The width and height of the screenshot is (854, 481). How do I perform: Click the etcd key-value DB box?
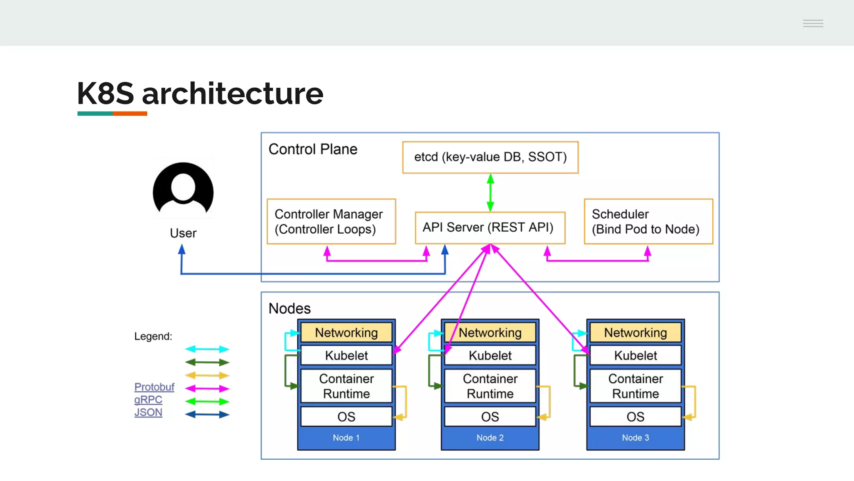click(490, 157)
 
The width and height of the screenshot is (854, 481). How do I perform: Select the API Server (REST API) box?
click(490, 228)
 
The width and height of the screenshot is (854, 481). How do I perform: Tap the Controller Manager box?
click(331, 221)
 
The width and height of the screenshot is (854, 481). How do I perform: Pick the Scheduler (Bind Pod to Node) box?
click(648, 221)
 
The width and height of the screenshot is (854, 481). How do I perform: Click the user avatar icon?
click(183, 190)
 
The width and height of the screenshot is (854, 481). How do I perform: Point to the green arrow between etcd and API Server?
click(490, 192)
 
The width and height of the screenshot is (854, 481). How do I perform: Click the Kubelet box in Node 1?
click(346, 355)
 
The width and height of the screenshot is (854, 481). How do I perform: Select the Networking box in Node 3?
click(635, 333)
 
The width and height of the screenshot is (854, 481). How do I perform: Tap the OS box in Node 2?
click(490, 417)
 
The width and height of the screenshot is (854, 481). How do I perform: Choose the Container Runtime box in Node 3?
click(635, 386)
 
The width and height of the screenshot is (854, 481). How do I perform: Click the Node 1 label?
click(346, 438)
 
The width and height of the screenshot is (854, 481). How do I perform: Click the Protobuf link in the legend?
click(154, 387)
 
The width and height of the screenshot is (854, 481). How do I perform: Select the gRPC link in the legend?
click(148, 400)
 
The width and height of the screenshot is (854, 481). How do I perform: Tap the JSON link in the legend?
click(148, 413)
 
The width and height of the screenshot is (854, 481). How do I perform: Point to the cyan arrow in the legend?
click(207, 349)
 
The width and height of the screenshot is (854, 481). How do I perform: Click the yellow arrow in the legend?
click(207, 375)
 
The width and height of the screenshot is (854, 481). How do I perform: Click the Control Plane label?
click(313, 149)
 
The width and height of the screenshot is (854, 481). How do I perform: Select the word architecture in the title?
click(232, 94)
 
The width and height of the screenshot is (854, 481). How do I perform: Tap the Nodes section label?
click(289, 309)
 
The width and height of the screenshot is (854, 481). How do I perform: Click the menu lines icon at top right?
click(813, 23)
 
